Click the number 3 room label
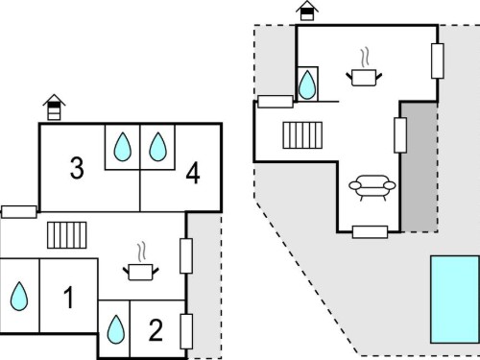click(x=77, y=168)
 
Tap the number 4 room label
click(x=193, y=173)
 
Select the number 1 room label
click(x=69, y=298)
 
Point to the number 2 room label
click(x=156, y=330)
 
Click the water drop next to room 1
click(x=19, y=297)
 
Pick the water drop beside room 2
click(x=116, y=329)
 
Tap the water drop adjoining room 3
click(x=123, y=147)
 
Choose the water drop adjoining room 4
click(x=157, y=147)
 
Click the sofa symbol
click(x=372, y=187)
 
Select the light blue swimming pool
click(x=455, y=300)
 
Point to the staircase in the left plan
click(x=67, y=235)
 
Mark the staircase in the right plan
click(x=302, y=135)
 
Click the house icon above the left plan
click(x=54, y=108)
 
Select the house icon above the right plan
click(x=307, y=11)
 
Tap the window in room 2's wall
click(x=186, y=331)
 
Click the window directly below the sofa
click(x=370, y=232)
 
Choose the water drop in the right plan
click(x=307, y=84)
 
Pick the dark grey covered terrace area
click(x=420, y=167)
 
